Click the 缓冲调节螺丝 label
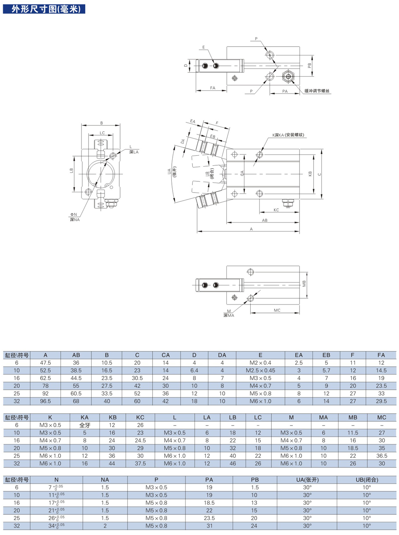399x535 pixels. tap(318, 90)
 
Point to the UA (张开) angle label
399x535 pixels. tap(171, 172)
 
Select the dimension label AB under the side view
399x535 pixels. tap(265, 220)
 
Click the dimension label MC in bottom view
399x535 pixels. tap(277, 310)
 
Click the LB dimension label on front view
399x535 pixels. tap(72, 171)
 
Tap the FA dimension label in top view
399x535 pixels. tap(213, 89)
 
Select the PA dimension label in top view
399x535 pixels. tap(285, 91)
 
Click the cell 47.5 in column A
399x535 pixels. tap(45, 363)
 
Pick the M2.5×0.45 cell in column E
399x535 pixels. tap(260, 371)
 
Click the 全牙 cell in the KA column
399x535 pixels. tap(84, 425)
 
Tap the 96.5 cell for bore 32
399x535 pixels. tap(45, 402)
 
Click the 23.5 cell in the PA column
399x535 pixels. tap(209, 518)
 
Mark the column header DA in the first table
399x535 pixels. tap(222, 355)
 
